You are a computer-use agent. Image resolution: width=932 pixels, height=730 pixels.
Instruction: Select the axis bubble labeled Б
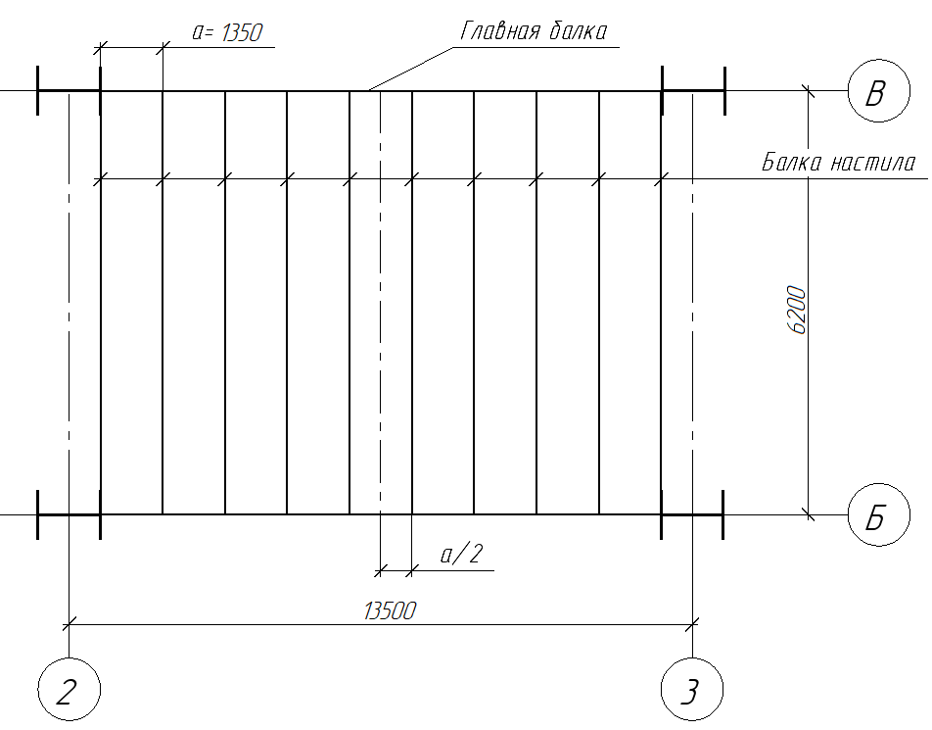tap(877, 514)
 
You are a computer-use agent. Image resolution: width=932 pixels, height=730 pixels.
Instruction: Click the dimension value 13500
tap(390, 610)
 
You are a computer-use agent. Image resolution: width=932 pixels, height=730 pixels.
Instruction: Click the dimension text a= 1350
tap(226, 32)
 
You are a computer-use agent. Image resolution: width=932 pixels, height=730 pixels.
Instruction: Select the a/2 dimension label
tap(461, 556)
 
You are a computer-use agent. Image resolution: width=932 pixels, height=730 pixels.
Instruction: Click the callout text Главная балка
tap(534, 30)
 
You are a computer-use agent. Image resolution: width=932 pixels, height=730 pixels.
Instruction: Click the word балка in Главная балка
tap(576, 30)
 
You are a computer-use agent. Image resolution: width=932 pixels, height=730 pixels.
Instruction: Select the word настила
tap(873, 163)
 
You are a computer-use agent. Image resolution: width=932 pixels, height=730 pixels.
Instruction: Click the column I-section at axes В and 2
tap(69, 91)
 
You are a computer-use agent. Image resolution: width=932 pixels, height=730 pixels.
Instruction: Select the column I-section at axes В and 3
tap(692, 91)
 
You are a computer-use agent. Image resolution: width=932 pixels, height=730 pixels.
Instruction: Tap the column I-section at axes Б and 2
tap(69, 514)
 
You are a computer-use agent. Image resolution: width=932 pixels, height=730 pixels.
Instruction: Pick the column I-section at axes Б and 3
tap(692, 514)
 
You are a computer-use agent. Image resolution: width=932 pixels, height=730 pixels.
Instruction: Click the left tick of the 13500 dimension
tap(69, 622)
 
